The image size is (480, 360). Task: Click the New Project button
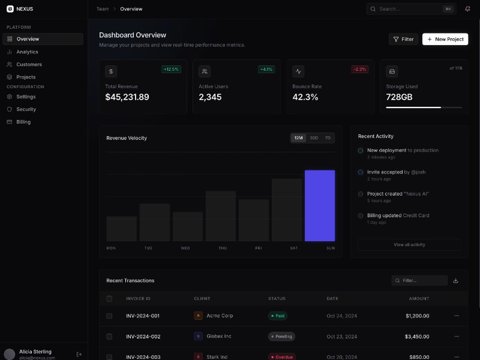pyautogui.click(x=445, y=39)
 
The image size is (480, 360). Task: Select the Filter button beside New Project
pyautogui.click(x=403, y=39)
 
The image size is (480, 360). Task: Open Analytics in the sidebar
pyautogui.click(x=27, y=52)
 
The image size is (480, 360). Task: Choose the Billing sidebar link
pyautogui.click(x=23, y=122)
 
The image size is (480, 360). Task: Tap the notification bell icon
pyautogui.click(x=467, y=9)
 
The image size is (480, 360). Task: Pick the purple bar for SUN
pyautogui.click(x=320, y=205)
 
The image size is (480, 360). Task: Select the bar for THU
pyautogui.click(x=221, y=216)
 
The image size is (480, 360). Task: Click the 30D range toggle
pyautogui.click(x=314, y=138)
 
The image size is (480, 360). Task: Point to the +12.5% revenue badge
pyautogui.click(x=171, y=69)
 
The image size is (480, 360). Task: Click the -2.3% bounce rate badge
pyautogui.click(x=359, y=69)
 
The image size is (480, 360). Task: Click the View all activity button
pyautogui.click(x=409, y=245)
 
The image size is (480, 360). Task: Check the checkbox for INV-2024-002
pyautogui.click(x=109, y=337)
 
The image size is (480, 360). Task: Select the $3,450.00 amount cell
pyautogui.click(x=417, y=337)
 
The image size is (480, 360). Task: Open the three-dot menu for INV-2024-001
pyautogui.click(x=457, y=316)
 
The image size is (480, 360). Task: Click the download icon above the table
pyautogui.click(x=455, y=280)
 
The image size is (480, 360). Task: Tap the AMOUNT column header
pyautogui.click(x=419, y=298)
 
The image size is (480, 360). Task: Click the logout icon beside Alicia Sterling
pyautogui.click(x=79, y=354)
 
